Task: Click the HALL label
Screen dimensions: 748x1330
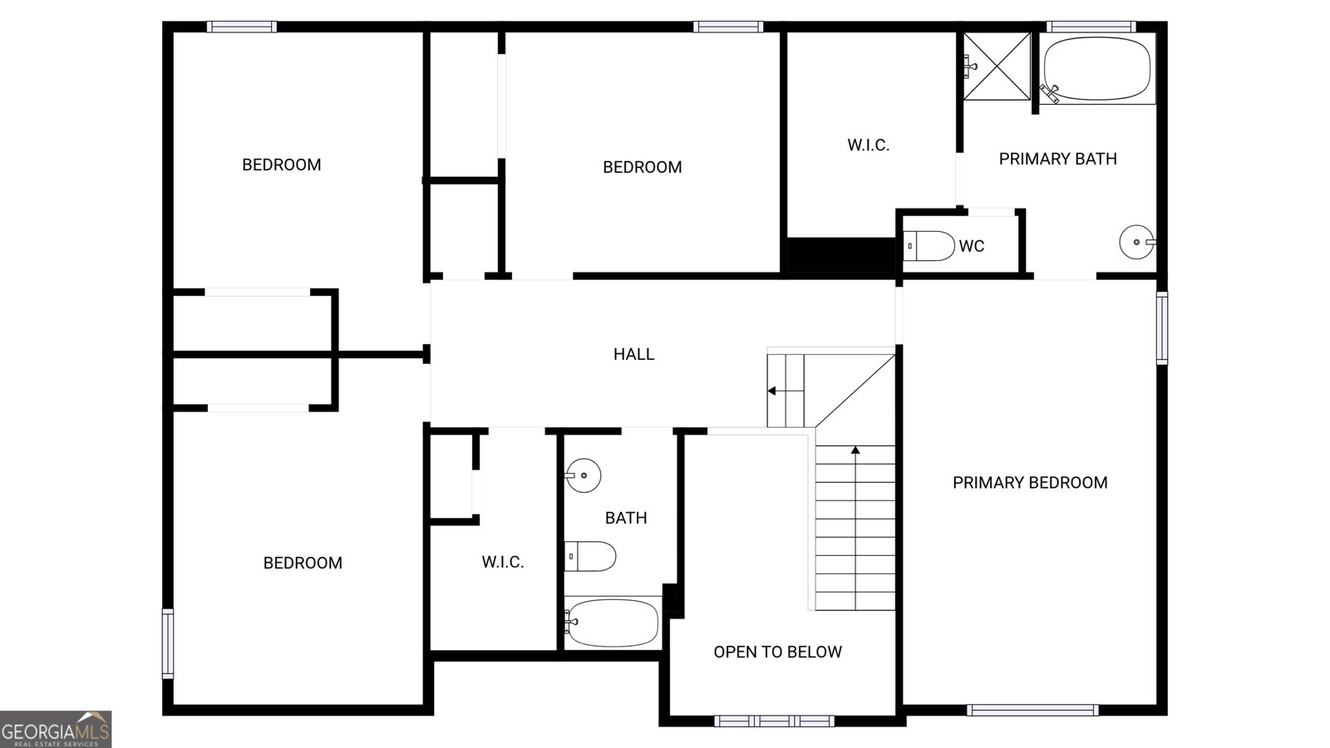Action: click(x=633, y=355)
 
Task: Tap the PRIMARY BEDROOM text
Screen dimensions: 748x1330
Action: click(x=1030, y=483)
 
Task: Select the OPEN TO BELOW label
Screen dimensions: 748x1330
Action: click(x=777, y=652)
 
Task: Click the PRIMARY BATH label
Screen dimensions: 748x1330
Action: click(x=1057, y=159)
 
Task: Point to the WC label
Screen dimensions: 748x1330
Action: click(x=971, y=247)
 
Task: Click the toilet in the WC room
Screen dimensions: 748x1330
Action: click(x=929, y=246)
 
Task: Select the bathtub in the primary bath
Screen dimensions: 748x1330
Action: click(x=1097, y=69)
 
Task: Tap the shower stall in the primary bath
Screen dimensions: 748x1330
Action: click(x=997, y=66)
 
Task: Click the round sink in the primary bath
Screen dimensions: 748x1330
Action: click(x=1135, y=243)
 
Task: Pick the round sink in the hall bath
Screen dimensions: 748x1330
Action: click(x=584, y=475)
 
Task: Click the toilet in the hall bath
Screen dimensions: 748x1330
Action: click(x=590, y=556)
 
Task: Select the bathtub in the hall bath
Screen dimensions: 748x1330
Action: click(x=613, y=623)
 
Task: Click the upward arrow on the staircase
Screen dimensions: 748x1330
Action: click(x=855, y=451)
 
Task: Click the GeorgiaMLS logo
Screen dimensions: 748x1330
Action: click(x=56, y=730)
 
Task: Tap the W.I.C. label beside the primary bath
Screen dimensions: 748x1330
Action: click(x=868, y=145)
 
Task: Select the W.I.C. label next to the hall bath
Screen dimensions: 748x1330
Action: click(x=502, y=563)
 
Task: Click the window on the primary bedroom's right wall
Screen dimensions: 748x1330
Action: click(x=1161, y=327)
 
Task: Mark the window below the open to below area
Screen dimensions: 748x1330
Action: click(x=774, y=721)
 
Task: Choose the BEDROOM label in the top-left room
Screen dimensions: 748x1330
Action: click(x=281, y=165)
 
